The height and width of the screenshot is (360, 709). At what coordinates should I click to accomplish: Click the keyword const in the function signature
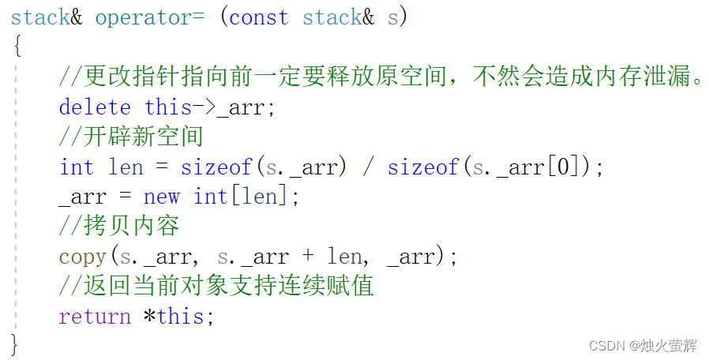point(258,18)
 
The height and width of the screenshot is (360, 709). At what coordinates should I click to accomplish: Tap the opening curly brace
point(17,47)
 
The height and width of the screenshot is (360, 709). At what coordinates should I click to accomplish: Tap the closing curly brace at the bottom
point(15,344)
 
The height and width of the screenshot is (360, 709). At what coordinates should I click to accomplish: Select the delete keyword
point(95,107)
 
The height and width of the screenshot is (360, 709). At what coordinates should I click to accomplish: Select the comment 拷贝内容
point(119,227)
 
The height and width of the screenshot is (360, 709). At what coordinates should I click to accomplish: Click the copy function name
point(82,257)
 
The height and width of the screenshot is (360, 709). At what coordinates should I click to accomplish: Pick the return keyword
point(95,317)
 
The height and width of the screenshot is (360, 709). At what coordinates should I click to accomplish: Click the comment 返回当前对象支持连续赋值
point(216,287)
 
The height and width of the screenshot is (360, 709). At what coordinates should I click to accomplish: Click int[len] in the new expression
point(242,197)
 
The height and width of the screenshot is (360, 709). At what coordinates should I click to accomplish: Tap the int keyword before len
point(76,167)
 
